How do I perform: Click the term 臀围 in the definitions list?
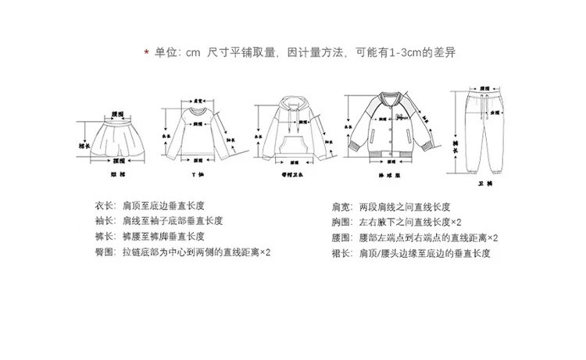click(x=104, y=252)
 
